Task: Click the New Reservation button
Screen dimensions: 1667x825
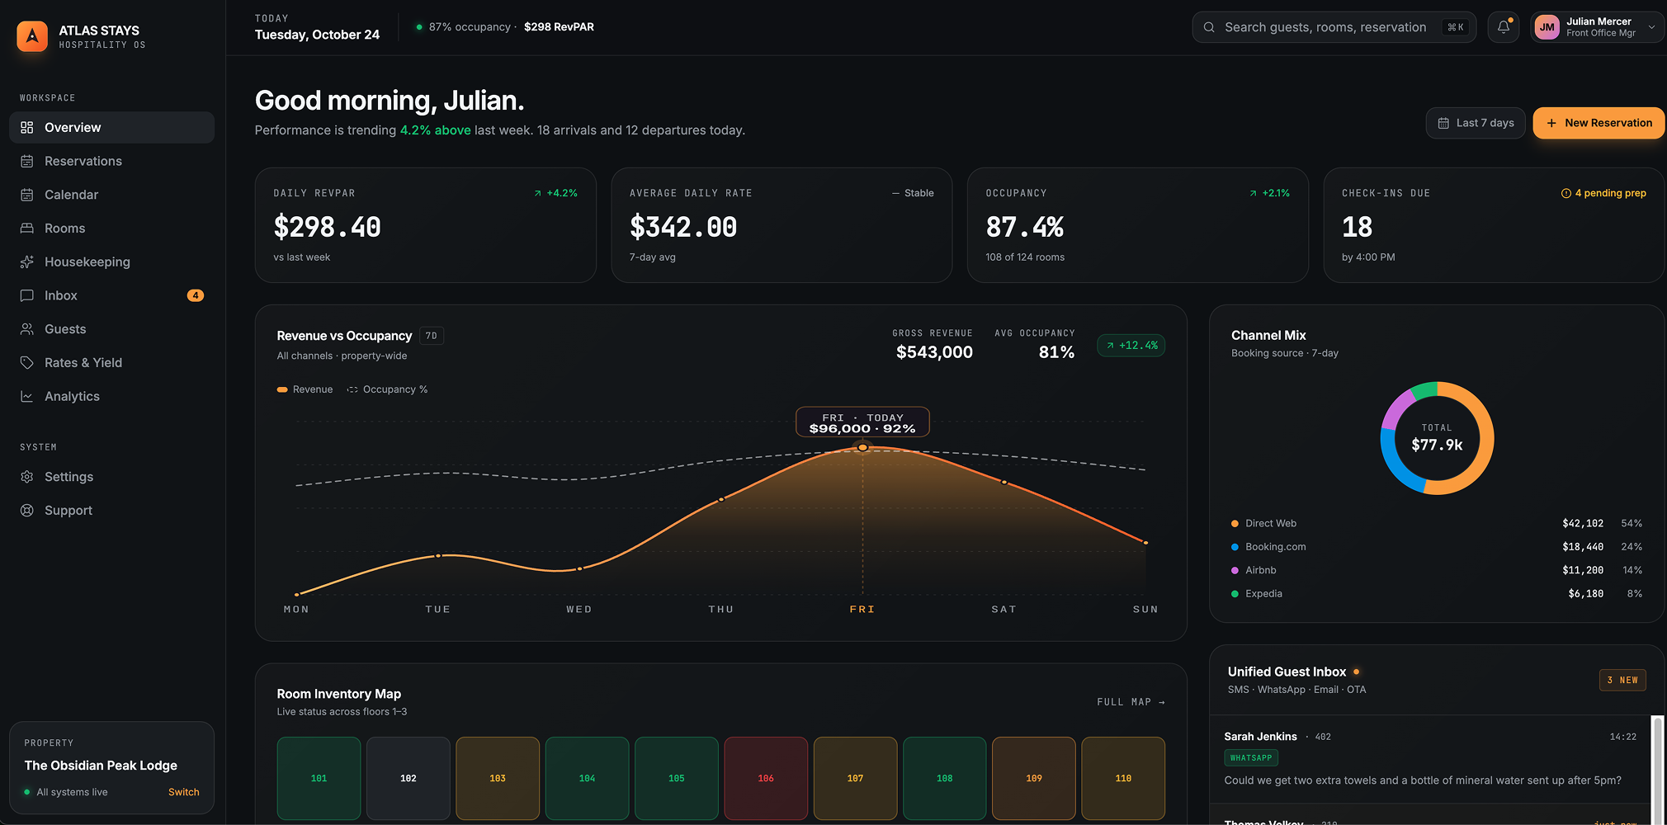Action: coord(1599,123)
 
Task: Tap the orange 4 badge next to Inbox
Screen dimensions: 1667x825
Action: coord(196,295)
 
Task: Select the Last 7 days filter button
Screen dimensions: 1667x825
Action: coord(1476,123)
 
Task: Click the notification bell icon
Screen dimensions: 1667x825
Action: coord(1504,27)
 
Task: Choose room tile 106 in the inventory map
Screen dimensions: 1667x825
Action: coord(766,778)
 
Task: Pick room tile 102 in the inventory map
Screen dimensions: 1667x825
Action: coord(408,778)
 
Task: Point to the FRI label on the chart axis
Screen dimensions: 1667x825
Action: coord(862,609)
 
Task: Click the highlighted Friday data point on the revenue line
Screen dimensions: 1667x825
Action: coord(862,447)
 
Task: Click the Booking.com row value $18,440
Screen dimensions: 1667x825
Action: coord(1583,547)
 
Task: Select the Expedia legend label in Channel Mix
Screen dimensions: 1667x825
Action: coord(1263,593)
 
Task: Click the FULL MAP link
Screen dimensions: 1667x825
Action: coord(1131,702)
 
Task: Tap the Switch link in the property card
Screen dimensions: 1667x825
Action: coord(184,792)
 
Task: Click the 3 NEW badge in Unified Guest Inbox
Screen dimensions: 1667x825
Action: coord(1622,680)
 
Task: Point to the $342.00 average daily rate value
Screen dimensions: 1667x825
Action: coord(683,227)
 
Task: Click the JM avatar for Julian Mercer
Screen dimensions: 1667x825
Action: coord(1547,27)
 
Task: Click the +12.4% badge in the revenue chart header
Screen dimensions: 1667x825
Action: coord(1131,346)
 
